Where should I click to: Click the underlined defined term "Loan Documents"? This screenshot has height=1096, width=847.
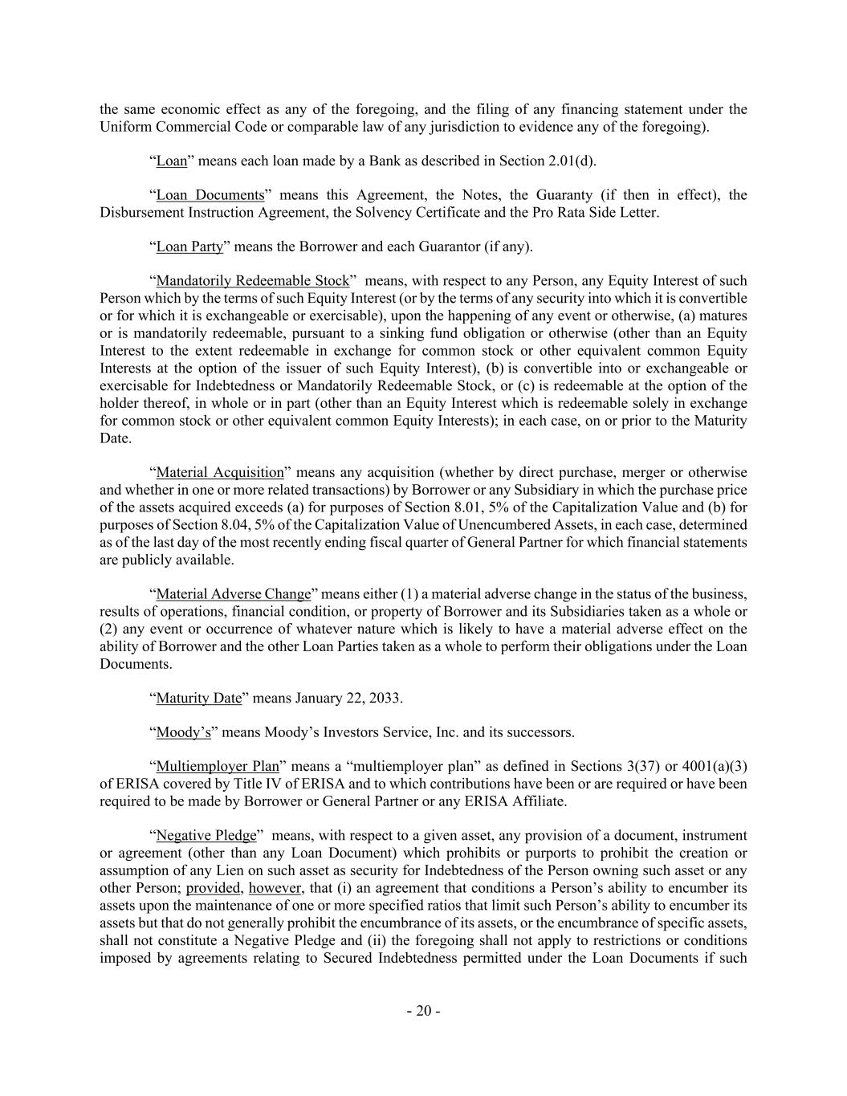pos(210,195)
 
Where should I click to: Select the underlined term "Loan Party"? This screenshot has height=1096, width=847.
pos(189,246)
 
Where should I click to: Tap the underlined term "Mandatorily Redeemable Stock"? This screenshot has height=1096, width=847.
pos(253,281)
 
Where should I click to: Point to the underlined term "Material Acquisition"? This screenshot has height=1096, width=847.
pos(220,472)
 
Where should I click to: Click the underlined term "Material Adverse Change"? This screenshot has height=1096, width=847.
pos(233,594)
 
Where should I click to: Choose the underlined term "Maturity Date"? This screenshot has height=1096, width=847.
pos(198,698)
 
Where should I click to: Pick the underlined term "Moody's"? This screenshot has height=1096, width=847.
pos(183,732)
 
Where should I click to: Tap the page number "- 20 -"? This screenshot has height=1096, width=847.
pos(423,1011)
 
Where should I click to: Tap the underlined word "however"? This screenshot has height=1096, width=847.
pos(275,888)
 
